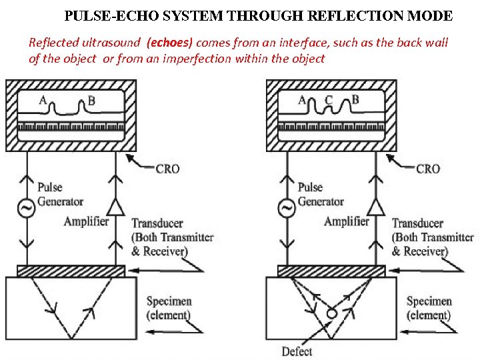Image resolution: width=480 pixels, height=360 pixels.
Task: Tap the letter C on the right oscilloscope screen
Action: coord(328,100)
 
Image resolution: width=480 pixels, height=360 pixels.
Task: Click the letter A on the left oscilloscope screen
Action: coord(43,101)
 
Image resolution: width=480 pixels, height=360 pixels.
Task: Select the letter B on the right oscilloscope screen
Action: coord(355,100)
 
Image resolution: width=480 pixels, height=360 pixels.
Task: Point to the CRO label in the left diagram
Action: coord(167,169)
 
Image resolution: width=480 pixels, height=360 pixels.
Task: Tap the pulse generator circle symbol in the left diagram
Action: coord(27,209)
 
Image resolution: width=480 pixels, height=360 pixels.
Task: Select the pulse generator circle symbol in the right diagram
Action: coord(287,209)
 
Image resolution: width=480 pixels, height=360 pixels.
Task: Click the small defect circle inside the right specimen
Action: coord(331,313)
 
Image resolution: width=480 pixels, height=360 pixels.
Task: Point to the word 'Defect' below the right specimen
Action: coord(297,351)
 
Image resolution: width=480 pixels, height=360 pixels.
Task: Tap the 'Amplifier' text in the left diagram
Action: coord(86,221)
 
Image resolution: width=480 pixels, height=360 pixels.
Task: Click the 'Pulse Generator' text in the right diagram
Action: coord(320,194)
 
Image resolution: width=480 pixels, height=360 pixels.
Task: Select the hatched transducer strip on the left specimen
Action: coord(71,271)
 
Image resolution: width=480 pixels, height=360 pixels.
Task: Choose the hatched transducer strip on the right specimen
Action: coord(331,271)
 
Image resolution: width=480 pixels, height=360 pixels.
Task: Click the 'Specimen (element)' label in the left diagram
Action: coord(169,308)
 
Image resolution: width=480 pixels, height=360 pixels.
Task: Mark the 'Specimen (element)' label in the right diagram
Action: coord(429,308)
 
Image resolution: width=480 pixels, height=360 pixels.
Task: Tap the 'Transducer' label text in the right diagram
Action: coord(417,223)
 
